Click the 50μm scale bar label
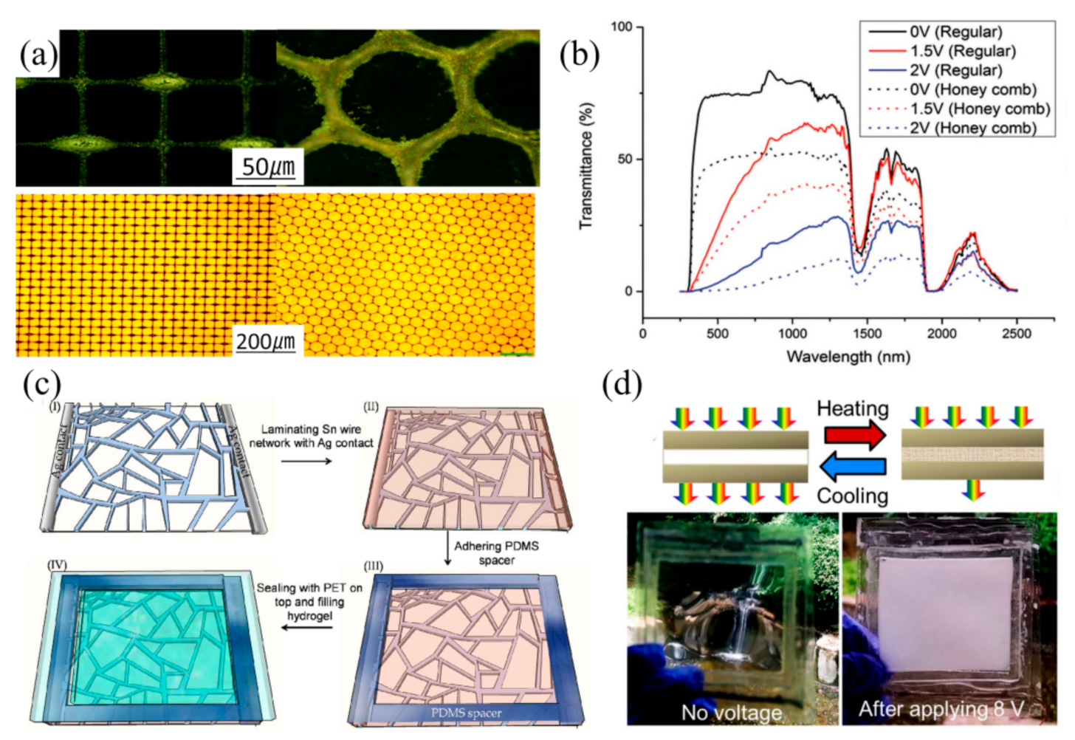pos(268,167)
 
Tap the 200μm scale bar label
pos(265,341)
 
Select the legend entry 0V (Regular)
pos(955,32)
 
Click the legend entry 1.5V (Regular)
pos(962,51)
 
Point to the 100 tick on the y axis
pos(622,27)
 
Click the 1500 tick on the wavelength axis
pos(867,333)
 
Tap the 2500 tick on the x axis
pos(1016,333)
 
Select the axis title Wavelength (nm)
pos(848,357)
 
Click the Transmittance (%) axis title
pos(586,165)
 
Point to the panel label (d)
pos(622,385)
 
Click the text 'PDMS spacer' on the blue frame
pos(466,713)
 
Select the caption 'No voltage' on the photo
pos(731,713)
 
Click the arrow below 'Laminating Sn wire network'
pos(306,461)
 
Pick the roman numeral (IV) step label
pos(57,565)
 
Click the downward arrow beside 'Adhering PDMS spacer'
pos(447,553)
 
